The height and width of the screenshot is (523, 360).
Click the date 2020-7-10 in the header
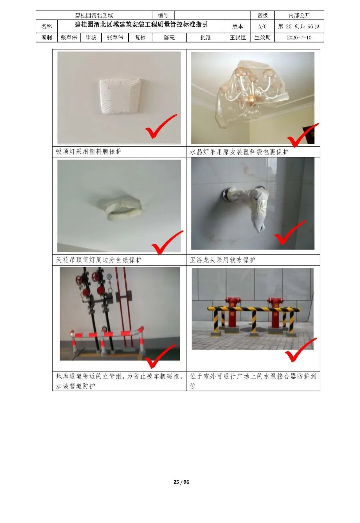[299, 38]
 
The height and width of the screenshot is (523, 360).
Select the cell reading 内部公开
[299, 15]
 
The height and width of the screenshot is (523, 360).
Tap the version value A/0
[262, 26]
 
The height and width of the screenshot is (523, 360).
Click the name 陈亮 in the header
[169, 38]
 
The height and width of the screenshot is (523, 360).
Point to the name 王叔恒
[238, 38]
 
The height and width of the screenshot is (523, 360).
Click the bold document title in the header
[141, 25]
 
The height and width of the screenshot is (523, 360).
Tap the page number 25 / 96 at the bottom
[181, 482]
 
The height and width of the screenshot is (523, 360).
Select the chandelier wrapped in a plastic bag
[252, 93]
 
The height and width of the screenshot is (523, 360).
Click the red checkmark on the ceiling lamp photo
[161, 126]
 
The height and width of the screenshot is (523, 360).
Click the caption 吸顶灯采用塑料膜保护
[89, 151]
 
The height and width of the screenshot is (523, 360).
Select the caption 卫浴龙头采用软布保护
[223, 260]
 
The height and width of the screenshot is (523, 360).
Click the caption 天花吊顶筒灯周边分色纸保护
[99, 260]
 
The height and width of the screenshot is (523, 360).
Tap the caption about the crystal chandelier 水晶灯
[239, 152]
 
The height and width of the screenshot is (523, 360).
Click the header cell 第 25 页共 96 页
[299, 26]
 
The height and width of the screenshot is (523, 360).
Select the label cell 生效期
[262, 38]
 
